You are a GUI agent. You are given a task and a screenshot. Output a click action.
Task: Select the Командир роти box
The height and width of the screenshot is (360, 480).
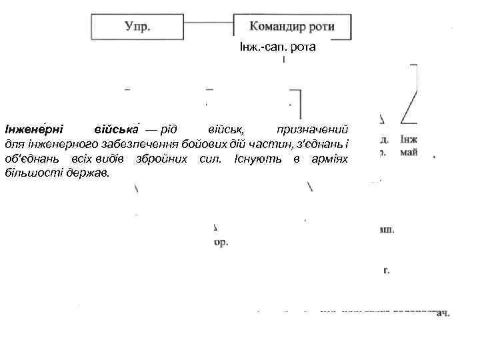[x=292, y=27]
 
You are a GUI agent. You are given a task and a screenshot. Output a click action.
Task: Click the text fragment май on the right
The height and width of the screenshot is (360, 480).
[x=411, y=152]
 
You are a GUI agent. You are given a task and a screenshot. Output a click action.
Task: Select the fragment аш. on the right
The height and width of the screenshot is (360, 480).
[x=385, y=229]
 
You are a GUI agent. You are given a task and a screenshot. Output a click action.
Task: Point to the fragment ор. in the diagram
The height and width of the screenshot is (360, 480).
[x=221, y=243]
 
